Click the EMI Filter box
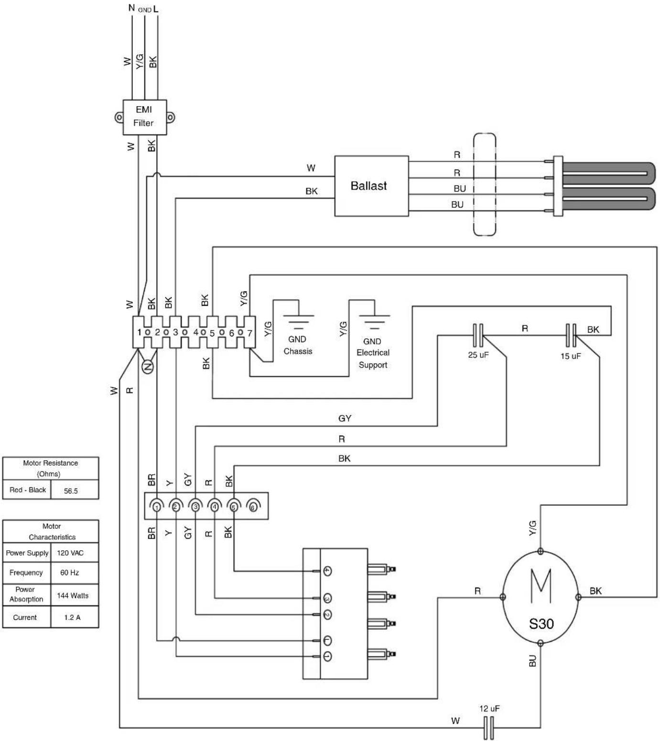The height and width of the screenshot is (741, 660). click(144, 117)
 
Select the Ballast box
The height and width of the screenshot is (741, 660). click(371, 186)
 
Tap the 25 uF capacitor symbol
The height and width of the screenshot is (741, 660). click(478, 335)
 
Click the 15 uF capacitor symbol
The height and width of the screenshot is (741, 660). click(571, 335)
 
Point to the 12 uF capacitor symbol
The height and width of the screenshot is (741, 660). click(489, 728)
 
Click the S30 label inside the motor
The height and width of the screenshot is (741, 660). click(541, 623)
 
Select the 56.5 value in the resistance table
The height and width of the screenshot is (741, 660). click(71, 491)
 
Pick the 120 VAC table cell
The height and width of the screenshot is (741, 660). click(70, 553)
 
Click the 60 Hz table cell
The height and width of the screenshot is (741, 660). click(69, 572)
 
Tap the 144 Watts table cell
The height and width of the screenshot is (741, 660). click(72, 596)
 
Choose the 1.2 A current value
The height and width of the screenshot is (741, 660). click(72, 617)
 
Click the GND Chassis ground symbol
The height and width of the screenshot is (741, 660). click(299, 321)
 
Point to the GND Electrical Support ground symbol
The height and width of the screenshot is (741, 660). click(374, 321)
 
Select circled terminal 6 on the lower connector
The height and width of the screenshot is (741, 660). click(252, 507)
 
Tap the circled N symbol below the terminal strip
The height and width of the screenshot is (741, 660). click(147, 367)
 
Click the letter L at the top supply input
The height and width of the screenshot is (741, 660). click(156, 9)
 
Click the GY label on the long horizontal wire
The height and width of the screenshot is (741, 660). click(345, 418)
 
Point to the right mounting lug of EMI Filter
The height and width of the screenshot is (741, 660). click(171, 118)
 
